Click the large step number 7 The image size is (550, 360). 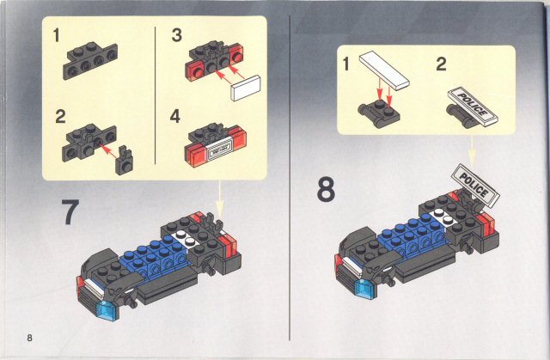point(70,212)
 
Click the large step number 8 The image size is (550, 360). point(326,189)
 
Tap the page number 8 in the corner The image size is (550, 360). point(29,338)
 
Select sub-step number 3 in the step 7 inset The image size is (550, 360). point(177,36)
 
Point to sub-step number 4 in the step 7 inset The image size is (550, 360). point(175,116)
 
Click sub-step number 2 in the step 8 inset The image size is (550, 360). point(441,64)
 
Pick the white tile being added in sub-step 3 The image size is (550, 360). point(246,88)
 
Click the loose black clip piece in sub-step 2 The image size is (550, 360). point(124,160)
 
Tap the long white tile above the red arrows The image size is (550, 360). point(384,70)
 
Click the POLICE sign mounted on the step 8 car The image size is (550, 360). point(475,185)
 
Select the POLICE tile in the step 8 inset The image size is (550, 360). point(473,105)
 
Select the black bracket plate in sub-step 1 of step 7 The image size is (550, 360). point(90,61)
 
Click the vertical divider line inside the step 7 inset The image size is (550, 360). point(155,95)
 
